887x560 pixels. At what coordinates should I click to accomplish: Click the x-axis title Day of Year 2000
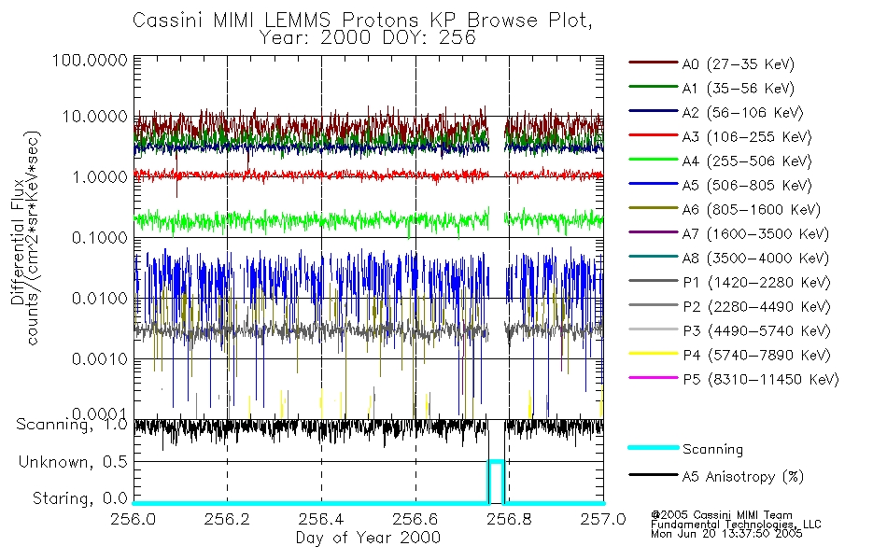click(x=368, y=538)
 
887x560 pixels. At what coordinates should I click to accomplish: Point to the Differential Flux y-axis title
click(x=18, y=237)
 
